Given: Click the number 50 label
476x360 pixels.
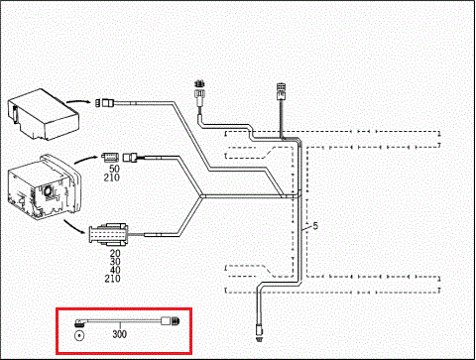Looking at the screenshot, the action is click(114, 169).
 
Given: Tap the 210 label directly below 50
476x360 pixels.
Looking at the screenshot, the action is click(112, 178).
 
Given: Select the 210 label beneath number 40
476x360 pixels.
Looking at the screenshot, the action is click(112, 279).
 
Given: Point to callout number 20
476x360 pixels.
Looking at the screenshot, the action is click(115, 253).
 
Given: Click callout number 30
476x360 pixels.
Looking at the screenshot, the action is click(115, 262).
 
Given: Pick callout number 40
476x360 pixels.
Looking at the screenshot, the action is click(115, 270).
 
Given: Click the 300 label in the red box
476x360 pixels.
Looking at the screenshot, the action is click(119, 334).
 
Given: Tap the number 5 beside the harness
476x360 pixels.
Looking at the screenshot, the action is click(315, 226).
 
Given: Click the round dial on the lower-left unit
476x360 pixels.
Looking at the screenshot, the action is click(49, 191).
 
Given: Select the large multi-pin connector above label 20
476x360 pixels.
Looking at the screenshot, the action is click(108, 235).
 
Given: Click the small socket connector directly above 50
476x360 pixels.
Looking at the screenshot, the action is click(110, 157).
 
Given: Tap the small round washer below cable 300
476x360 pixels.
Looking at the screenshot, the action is click(79, 336).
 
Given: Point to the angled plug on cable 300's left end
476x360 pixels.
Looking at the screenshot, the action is click(79, 322).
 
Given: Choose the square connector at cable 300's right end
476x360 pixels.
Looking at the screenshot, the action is click(171, 320).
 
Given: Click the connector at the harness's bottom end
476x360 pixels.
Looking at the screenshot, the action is click(259, 333).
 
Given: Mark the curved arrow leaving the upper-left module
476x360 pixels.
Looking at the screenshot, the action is click(78, 100).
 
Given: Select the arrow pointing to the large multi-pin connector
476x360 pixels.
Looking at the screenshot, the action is click(73, 227).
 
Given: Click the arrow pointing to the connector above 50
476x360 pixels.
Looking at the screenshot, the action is click(86, 158).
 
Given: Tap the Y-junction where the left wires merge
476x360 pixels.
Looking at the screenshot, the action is click(201, 196).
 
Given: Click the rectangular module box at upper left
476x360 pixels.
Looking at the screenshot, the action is click(43, 114).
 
